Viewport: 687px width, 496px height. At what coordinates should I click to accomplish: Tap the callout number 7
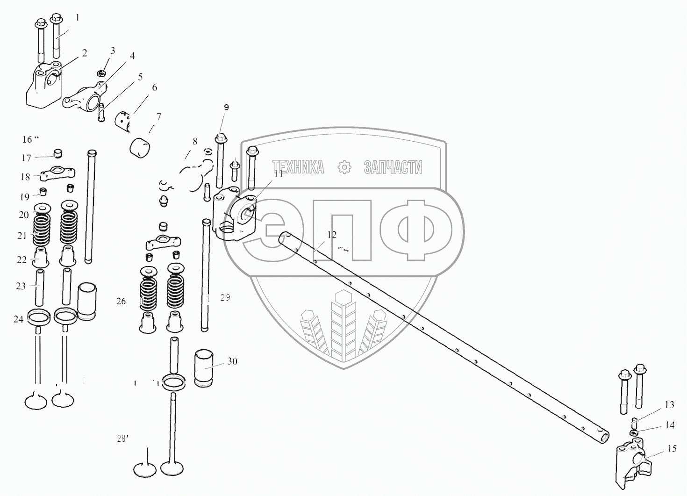click(158, 116)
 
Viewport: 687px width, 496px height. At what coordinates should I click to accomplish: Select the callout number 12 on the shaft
click(331, 235)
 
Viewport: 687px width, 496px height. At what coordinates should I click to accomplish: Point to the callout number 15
click(672, 449)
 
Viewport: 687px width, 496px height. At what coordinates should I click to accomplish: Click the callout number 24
click(18, 319)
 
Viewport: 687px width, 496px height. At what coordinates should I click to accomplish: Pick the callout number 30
click(232, 361)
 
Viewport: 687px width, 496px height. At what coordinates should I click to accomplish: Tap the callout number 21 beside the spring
click(22, 236)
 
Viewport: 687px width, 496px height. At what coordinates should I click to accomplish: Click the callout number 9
click(226, 108)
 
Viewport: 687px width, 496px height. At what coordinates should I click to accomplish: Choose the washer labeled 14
click(634, 434)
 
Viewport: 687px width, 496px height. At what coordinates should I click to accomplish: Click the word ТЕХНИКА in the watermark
click(298, 167)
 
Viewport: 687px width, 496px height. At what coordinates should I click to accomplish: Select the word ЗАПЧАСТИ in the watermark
click(393, 167)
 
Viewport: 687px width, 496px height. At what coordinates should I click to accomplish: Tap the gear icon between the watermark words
click(344, 167)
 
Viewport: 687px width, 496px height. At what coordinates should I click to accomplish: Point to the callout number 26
click(121, 302)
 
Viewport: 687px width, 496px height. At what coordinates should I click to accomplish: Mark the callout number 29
click(225, 298)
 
